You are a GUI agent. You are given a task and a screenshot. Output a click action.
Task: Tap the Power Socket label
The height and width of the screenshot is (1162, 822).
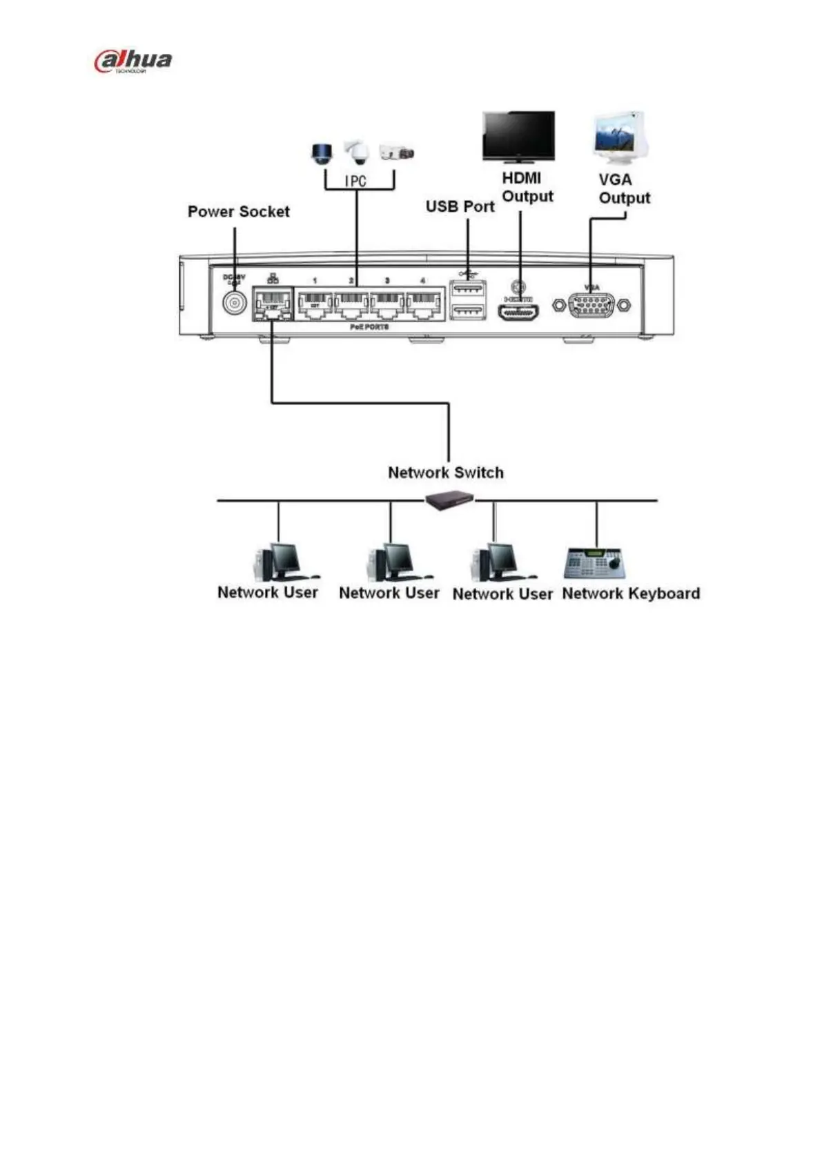pos(238,212)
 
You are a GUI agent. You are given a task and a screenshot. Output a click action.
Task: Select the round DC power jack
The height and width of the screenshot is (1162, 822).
pos(235,304)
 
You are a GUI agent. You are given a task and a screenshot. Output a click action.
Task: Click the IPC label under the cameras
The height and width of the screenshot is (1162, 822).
pos(355,182)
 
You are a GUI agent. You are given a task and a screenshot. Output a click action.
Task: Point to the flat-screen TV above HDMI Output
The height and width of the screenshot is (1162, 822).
pos(518,136)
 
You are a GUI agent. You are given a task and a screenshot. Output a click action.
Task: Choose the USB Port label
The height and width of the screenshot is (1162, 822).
pos(460,206)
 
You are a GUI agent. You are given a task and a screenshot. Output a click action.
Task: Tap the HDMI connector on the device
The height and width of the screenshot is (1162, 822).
pos(518,312)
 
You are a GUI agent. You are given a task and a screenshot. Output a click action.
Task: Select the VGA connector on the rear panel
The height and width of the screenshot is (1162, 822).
pos(591,304)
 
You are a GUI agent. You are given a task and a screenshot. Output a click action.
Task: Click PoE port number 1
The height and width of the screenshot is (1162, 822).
pos(315,304)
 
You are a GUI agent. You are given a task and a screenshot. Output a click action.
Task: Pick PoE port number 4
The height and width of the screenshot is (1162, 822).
pos(423,304)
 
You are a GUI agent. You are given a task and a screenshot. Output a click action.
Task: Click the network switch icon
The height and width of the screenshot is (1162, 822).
pos(449,500)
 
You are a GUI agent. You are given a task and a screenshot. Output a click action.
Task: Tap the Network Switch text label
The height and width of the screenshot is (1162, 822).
pos(445,473)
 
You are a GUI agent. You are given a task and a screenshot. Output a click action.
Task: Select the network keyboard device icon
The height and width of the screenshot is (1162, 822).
pos(595,564)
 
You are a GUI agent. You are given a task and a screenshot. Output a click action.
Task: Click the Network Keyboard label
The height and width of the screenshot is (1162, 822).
pos(631,593)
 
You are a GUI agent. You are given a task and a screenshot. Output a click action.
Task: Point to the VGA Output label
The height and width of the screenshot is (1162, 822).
pos(624,188)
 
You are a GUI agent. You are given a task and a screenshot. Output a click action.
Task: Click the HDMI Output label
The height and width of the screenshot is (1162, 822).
pos(527,187)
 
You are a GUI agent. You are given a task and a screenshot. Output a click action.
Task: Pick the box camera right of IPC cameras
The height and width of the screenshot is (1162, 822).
pos(397,153)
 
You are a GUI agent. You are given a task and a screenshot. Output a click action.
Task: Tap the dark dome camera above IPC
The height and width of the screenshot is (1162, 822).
pos(322,153)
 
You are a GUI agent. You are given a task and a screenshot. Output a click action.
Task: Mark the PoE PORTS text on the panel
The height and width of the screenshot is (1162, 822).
pos(369,326)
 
